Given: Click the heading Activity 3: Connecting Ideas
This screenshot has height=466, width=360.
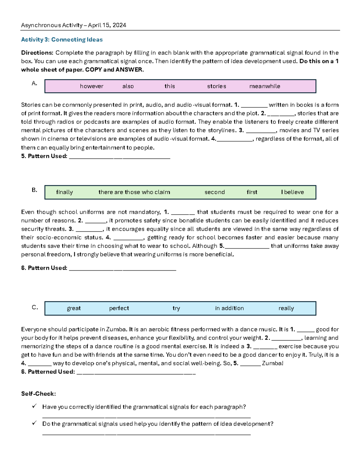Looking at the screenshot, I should (62, 40).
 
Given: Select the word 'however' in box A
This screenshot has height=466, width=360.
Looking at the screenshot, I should (91, 86).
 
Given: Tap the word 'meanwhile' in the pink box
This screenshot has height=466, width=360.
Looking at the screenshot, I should (265, 86).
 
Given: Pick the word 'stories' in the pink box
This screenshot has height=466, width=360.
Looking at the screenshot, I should (216, 86).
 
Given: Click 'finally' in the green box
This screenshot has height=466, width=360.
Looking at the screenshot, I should (64, 192).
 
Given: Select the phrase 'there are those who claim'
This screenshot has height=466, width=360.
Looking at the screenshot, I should (134, 192).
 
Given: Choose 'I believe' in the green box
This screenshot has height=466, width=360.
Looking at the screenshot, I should (292, 192).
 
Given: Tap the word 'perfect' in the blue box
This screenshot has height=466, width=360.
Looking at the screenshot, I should (119, 308).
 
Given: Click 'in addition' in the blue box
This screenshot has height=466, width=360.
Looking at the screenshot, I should (229, 308).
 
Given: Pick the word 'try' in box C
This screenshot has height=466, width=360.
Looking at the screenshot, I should (176, 308).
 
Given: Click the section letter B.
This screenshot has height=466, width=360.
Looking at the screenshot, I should (34, 190).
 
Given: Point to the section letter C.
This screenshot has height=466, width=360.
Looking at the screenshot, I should (35, 308).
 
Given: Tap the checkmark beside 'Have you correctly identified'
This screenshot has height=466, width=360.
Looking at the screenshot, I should (34, 406).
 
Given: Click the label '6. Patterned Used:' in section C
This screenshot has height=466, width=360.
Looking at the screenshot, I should (48, 372).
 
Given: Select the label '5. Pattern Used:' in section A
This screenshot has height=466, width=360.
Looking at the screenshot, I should (44, 156).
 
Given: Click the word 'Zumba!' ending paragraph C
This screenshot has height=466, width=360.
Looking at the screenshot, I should (272, 363).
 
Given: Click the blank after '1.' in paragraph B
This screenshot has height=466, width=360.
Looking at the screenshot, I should (183, 212).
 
